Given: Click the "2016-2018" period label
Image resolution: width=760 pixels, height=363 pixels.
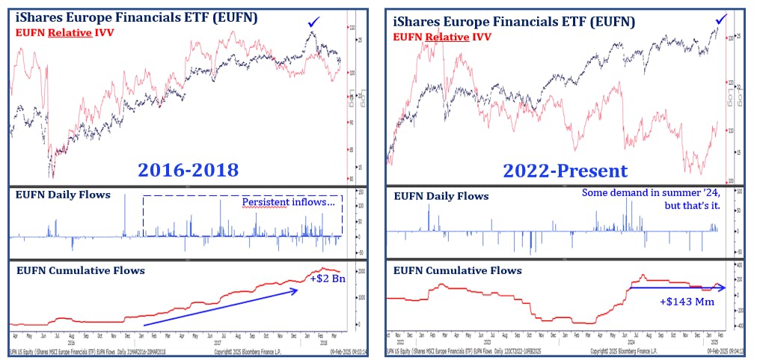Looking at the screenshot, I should [188, 169].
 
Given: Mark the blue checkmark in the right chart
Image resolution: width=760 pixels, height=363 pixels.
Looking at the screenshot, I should [721, 18].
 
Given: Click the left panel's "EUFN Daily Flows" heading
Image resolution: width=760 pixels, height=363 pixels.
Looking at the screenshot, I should [63, 195].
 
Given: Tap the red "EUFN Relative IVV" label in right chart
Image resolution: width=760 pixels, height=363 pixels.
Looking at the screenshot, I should [441, 34].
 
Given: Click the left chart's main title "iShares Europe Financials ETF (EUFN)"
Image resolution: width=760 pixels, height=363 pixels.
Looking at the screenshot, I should [134, 19].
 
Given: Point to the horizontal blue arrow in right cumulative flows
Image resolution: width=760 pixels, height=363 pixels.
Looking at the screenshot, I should [673, 287].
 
